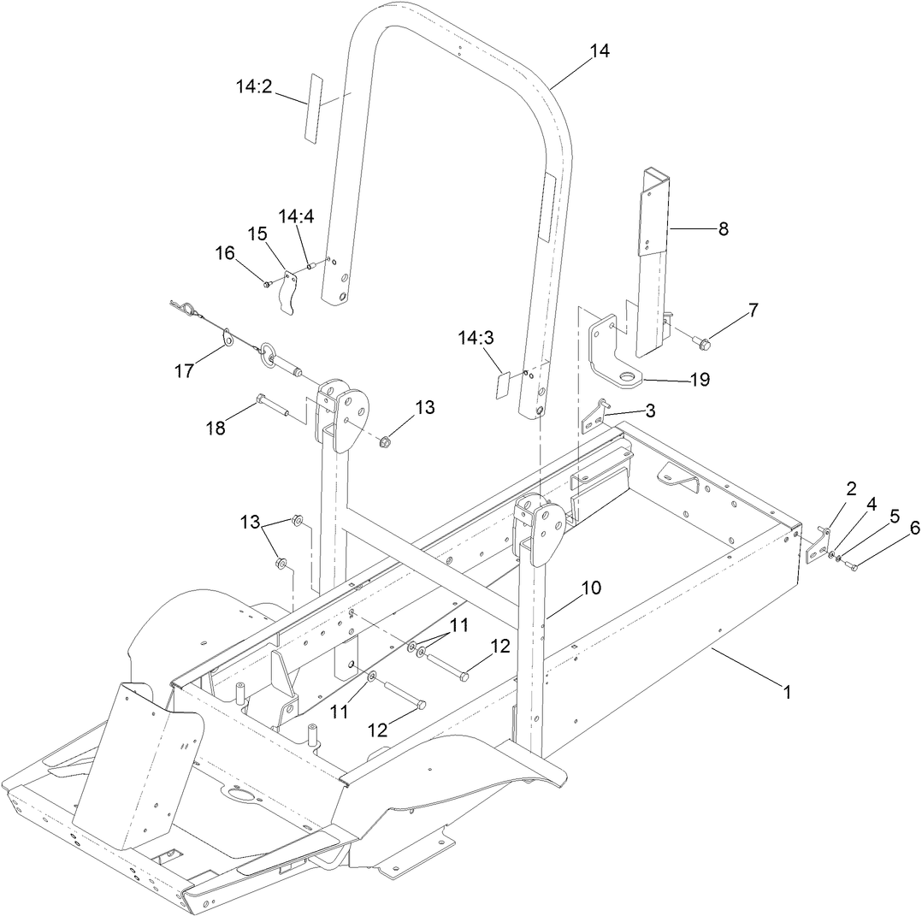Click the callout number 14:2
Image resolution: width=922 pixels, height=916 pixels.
click(254, 86)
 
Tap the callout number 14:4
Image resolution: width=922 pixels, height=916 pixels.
click(296, 217)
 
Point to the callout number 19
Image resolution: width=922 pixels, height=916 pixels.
click(700, 380)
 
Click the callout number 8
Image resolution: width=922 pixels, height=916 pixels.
click(723, 229)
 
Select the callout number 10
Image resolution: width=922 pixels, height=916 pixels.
click(592, 588)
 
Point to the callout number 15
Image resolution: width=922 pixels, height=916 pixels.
click(257, 233)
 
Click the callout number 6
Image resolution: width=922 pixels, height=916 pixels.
click(914, 529)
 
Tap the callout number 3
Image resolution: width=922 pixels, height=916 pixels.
click(651, 411)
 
